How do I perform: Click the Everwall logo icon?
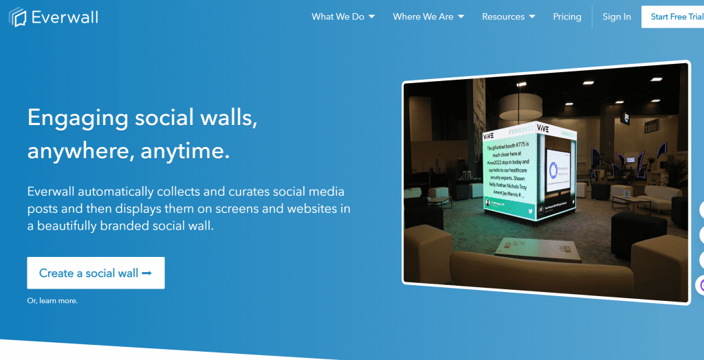18,16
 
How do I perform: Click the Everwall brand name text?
65,17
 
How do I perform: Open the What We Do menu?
343,16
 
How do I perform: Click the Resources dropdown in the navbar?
508,16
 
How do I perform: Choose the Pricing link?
567,16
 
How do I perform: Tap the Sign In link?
617,16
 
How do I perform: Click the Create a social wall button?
96,273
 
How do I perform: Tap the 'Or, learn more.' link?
52,301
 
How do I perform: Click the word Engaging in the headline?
78,117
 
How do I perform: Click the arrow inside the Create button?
146,273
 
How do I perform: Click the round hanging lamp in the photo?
520,105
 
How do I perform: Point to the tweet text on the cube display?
509,168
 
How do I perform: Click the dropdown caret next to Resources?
531,17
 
